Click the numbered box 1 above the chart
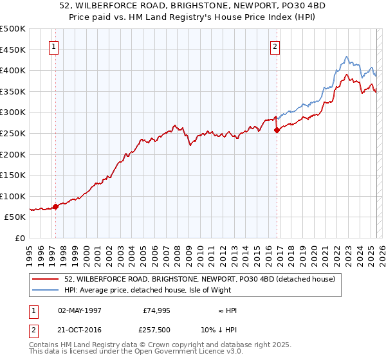coord(53,46)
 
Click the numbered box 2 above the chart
coord(275,46)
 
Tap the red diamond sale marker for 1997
coord(56,206)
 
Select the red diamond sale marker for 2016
coord(277,130)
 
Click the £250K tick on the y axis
coord(13,134)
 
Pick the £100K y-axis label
coord(13,196)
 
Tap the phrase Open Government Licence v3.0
coord(193,352)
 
